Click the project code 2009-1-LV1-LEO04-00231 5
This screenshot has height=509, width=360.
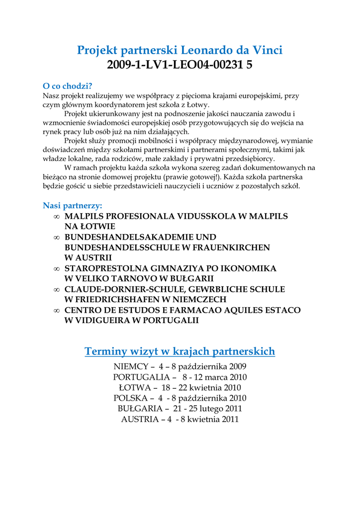[180, 65]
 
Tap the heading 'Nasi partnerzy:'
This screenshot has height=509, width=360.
[73, 205]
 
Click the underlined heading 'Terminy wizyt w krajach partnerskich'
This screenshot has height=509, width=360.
[180, 351]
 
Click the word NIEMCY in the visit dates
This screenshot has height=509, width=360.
[131, 366]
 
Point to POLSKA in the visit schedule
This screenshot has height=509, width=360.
[131, 398]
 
